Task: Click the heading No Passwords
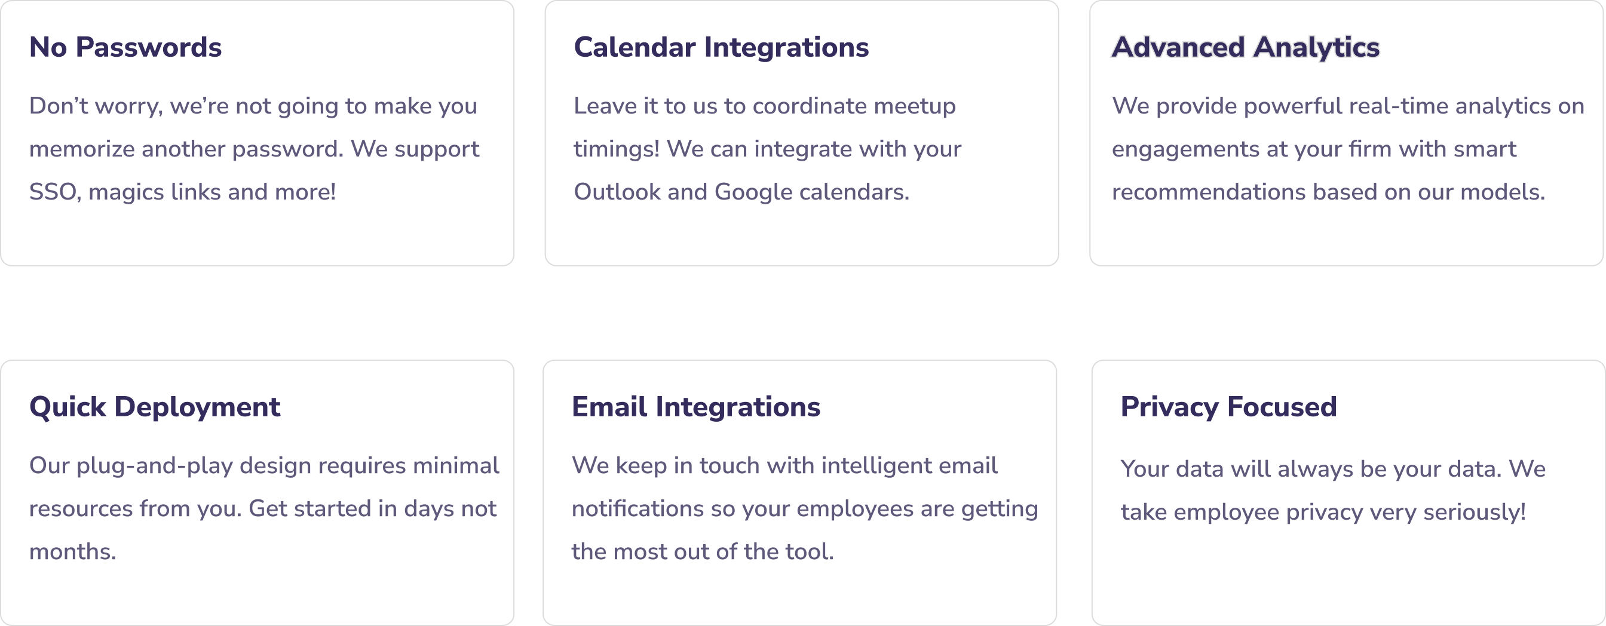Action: tap(125, 47)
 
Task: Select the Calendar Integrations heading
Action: tap(721, 48)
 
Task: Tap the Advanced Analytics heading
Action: tap(1246, 48)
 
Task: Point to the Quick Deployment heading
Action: tap(155, 408)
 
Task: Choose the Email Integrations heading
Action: tap(696, 408)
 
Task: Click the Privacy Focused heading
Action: tap(1229, 408)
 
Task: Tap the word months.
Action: tap(73, 552)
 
